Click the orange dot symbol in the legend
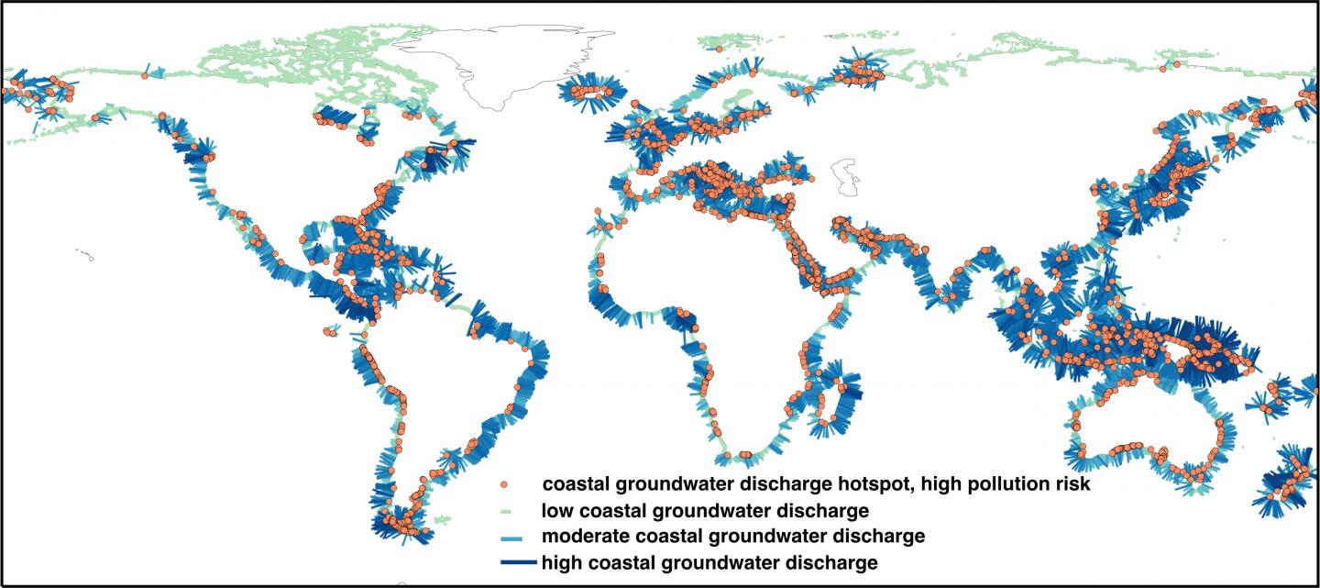tap(502, 483)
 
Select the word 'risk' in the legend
tap(1068, 483)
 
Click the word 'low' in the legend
tap(557, 510)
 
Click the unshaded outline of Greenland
tap(513, 64)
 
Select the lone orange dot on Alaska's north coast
tap(145, 76)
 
